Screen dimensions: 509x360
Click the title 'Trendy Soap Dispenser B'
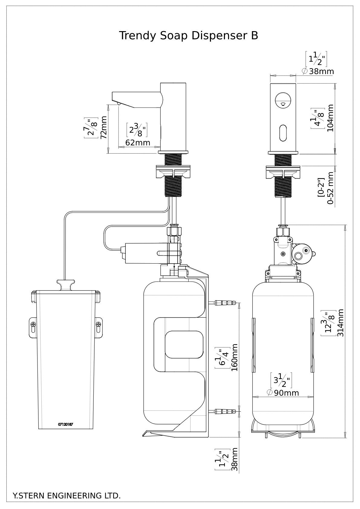(x=189, y=36)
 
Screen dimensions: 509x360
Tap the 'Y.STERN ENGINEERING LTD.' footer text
(x=66, y=496)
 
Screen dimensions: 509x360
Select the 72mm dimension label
(x=104, y=127)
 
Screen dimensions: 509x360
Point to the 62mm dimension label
(x=138, y=142)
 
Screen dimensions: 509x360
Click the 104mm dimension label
(x=330, y=118)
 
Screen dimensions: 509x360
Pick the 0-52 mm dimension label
(x=330, y=188)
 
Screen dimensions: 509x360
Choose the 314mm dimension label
(x=340, y=323)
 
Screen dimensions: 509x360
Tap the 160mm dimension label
(x=234, y=358)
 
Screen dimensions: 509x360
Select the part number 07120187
(x=66, y=424)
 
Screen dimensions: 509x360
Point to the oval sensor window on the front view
(x=283, y=133)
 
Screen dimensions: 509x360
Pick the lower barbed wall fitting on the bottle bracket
(x=225, y=411)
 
